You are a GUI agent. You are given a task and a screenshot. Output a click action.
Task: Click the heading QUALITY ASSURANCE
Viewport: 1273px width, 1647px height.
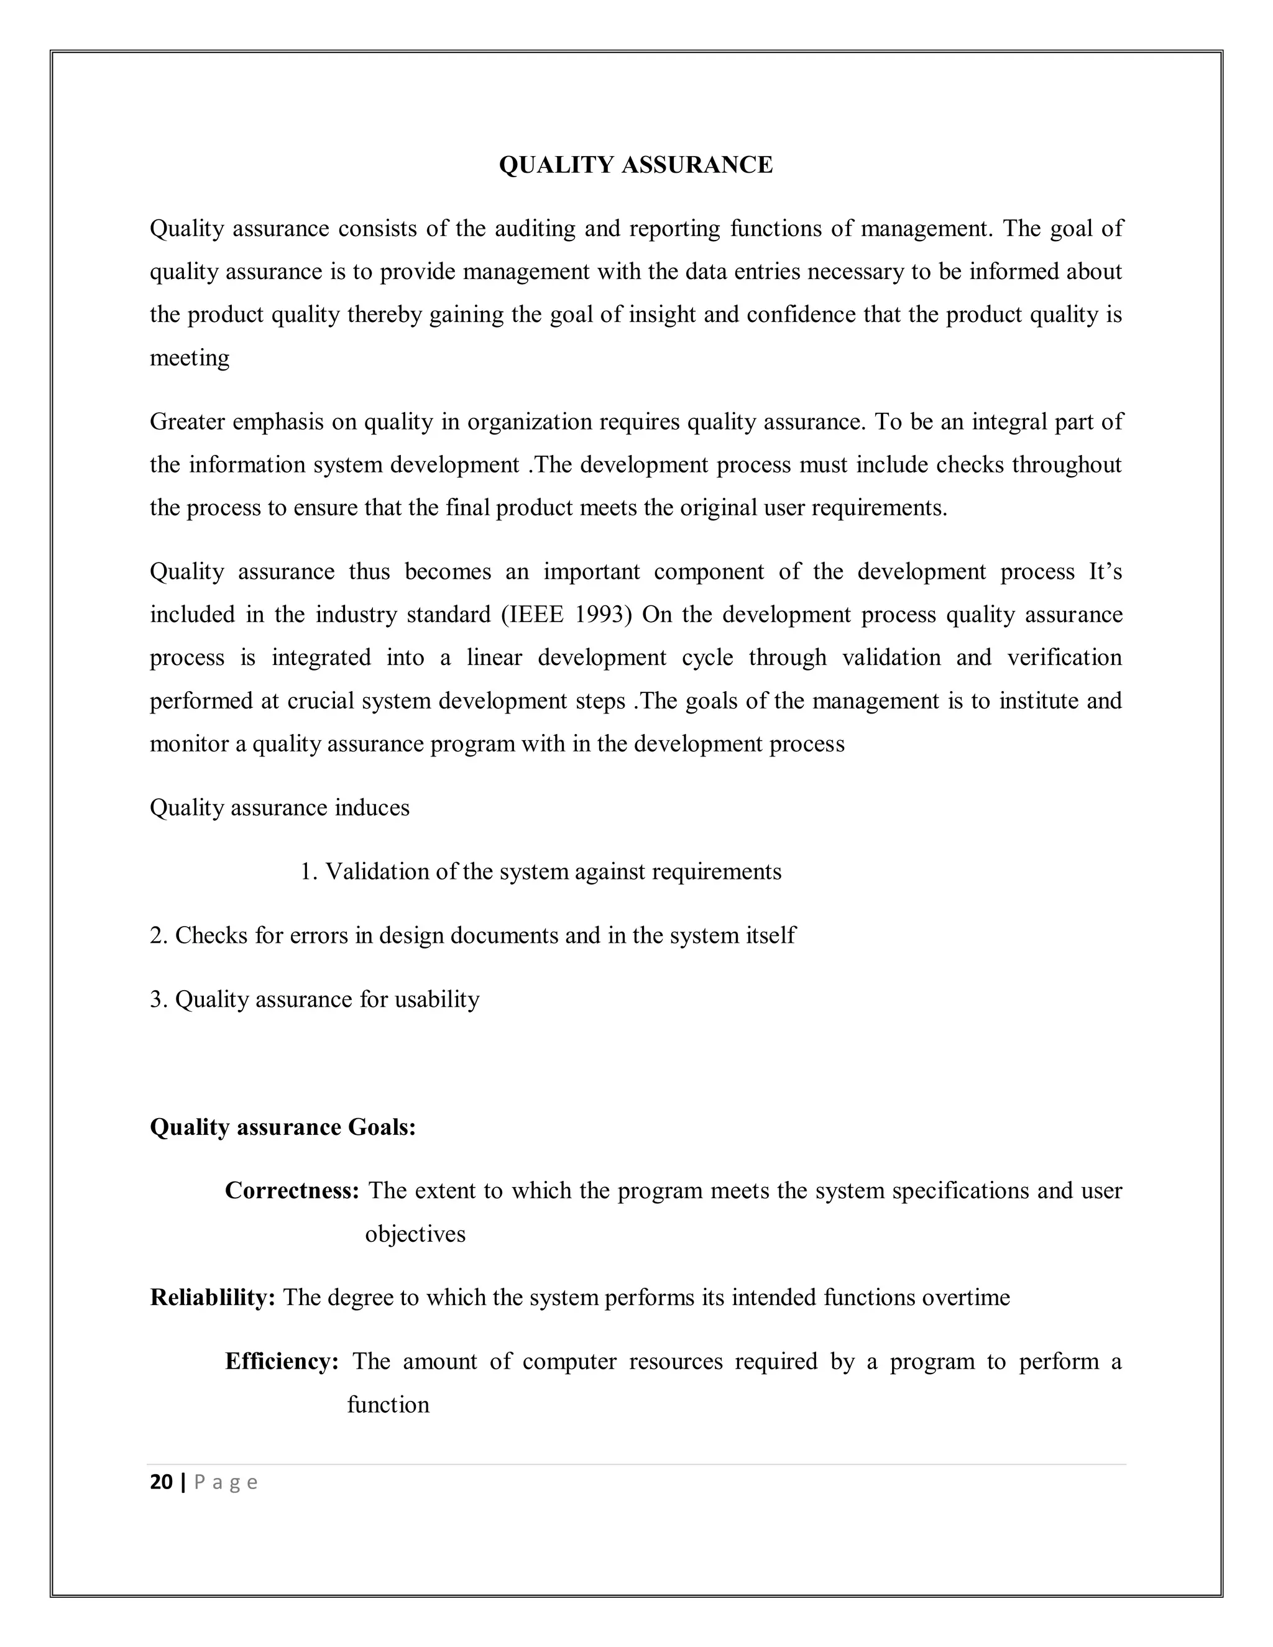point(636,165)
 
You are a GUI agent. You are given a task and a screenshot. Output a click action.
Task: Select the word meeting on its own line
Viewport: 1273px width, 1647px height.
point(190,357)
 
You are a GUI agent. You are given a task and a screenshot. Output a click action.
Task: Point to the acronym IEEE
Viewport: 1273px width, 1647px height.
point(538,615)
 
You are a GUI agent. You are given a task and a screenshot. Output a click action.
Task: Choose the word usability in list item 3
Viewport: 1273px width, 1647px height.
point(438,1000)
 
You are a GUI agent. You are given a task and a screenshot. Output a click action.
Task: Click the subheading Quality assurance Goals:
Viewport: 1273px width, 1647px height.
point(283,1127)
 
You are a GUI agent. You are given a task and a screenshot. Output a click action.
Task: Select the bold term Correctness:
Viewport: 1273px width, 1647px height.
point(292,1191)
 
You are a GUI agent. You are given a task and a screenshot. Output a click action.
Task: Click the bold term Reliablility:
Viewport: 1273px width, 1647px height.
point(213,1298)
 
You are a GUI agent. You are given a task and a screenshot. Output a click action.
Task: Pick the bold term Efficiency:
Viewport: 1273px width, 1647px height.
point(282,1362)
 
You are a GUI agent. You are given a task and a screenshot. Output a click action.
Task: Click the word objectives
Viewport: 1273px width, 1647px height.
point(415,1234)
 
